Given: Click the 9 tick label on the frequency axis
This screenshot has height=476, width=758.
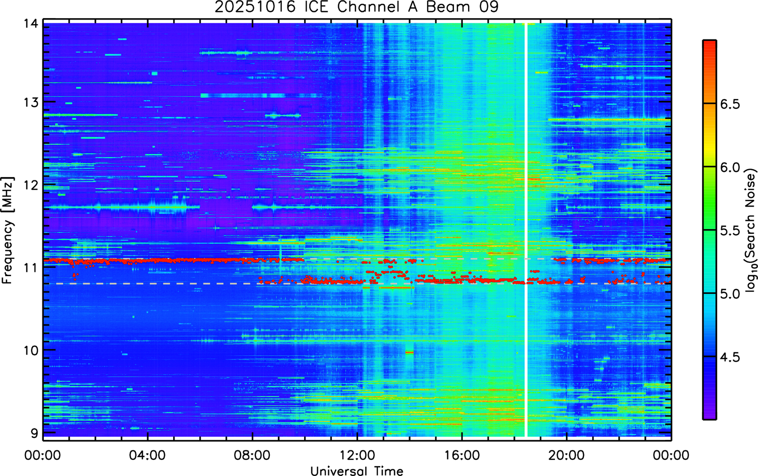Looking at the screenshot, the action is (x=34, y=434).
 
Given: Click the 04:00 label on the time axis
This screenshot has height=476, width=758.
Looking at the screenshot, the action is (x=147, y=455).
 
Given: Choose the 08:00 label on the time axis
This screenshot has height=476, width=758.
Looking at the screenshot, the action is (x=253, y=455).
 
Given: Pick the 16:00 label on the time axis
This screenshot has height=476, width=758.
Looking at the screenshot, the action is (x=462, y=455).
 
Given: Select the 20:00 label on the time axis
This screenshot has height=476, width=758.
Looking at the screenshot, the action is (x=566, y=455).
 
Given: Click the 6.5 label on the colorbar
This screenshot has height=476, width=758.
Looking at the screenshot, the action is (x=730, y=104).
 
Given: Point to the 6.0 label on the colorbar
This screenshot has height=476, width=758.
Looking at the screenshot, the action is (x=730, y=168).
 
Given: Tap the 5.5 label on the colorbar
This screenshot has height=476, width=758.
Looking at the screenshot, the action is (x=730, y=231).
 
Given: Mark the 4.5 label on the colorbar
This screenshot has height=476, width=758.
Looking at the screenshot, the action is (x=730, y=357).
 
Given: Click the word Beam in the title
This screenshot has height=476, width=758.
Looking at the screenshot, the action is (x=448, y=7).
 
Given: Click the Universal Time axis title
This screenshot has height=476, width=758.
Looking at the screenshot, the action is (x=357, y=471).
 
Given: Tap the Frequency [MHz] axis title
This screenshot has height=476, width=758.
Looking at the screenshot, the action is (x=8, y=230).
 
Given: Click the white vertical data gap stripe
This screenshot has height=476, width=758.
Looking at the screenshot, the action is (x=526, y=230).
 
